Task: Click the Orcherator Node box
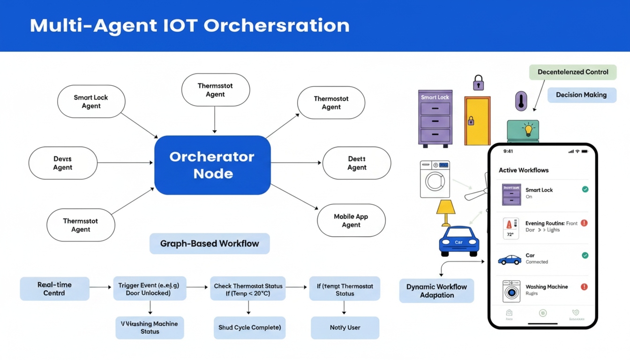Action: [212, 165]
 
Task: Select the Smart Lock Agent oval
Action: [91, 102]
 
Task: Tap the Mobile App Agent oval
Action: [351, 220]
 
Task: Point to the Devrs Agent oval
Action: [63, 163]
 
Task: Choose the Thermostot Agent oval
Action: [331, 103]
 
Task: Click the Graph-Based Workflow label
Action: [210, 244]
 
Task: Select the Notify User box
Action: [345, 327]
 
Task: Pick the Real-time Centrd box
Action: [54, 289]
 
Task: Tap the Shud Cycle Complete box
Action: [249, 327]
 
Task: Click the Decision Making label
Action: [581, 95]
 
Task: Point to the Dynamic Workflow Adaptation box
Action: [436, 291]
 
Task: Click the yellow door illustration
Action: [477, 121]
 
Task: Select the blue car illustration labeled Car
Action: [459, 241]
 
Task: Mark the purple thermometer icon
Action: [521, 101]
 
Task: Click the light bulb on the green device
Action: [529, 129]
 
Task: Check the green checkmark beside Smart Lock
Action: [585, 189]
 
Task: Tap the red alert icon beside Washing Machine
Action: [584, 286]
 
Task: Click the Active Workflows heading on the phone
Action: [523, 170]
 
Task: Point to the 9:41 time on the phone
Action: [508, 151]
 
